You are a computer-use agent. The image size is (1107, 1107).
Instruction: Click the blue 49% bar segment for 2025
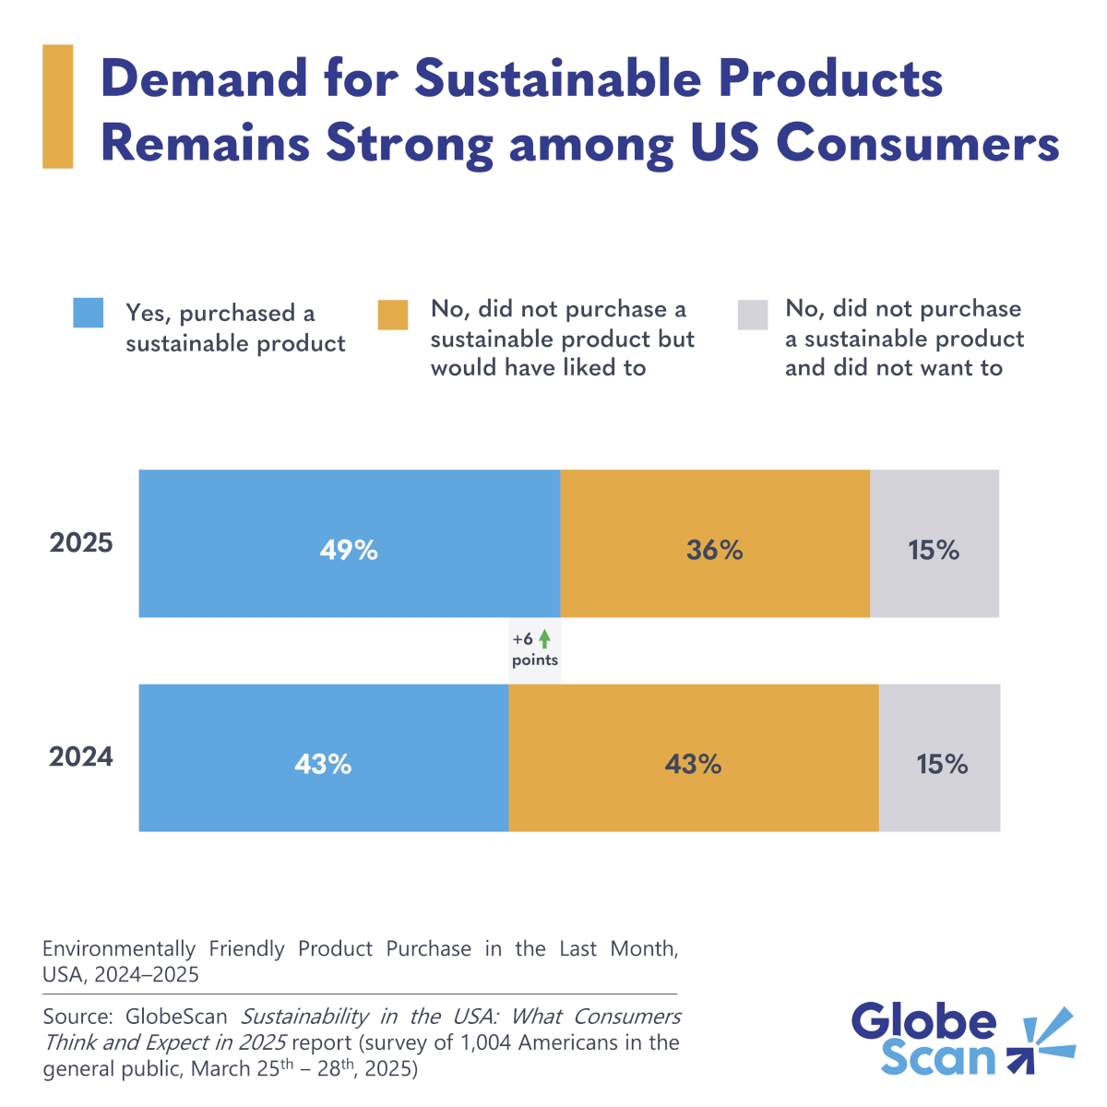tap(349, 543)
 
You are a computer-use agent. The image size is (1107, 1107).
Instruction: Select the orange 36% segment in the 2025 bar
tap(714, 543)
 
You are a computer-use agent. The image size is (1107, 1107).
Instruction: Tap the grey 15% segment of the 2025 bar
tap(934, 543)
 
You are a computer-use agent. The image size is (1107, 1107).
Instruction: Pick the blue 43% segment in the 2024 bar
tap(323, 757)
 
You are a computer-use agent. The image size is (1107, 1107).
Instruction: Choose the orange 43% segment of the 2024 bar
tap(693, 757)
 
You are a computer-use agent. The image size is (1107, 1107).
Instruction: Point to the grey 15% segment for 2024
tap(939, 757)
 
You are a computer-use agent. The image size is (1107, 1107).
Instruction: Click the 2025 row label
tap(81, 542)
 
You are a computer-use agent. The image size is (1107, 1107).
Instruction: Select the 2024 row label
tap(81, 757)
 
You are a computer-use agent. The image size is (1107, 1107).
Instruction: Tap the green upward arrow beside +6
tap(544, 638)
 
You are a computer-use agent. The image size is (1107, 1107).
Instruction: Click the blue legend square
tap(89, 314)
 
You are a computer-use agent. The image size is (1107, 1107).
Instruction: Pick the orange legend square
tap(392, 314)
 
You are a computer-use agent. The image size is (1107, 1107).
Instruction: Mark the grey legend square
tap(752, 314)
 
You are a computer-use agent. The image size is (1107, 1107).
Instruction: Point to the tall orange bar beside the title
tap(57, 107)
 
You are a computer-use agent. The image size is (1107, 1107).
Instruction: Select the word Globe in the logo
tap(923, 1022)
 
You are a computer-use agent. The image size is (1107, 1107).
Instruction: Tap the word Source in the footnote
tap(76, 1017)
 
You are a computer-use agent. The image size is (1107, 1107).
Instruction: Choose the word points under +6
tap(535, 661)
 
